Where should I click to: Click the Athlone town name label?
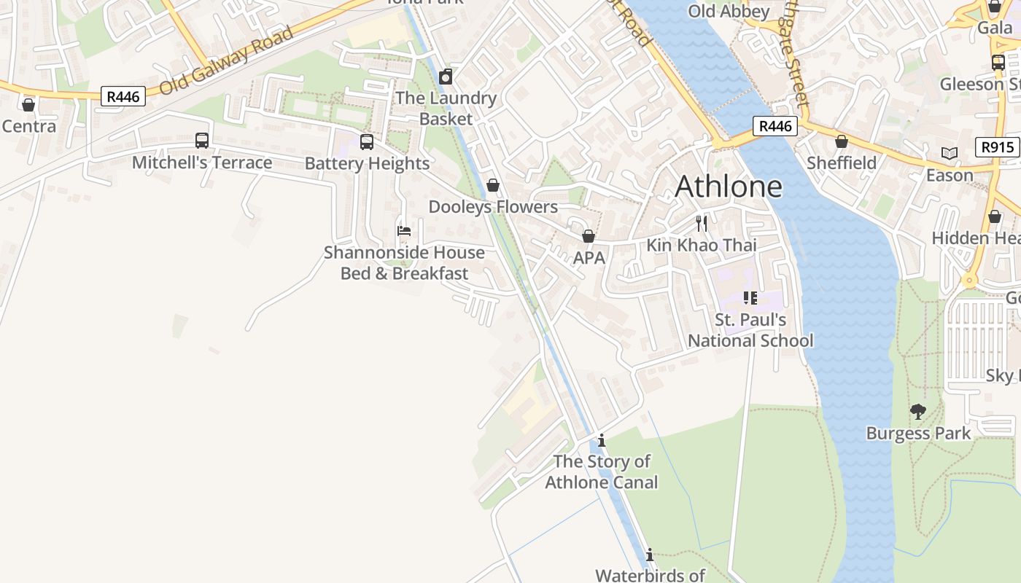coord(729,187)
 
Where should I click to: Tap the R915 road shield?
coord(997,147)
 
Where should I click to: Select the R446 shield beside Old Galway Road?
coord(123,96)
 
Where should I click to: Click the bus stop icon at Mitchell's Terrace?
coord(202,140)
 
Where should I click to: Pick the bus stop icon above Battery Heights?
coord(367,141)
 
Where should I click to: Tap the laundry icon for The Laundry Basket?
coord(446,77)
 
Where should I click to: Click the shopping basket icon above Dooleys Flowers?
coord(493,185)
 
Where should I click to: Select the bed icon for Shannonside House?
coord(404,231)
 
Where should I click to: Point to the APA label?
coord(589,258)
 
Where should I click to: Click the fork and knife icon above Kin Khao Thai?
coord(702,223)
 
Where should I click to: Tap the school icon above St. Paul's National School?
coord(750,297)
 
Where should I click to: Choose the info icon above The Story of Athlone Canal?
coord(602,440)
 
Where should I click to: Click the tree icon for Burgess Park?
coord(918,412)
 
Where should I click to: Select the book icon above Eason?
coord(949,153)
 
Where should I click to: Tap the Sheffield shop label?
coord(841,163)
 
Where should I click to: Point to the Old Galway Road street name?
coord(226,60)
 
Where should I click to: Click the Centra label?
coord(29,126)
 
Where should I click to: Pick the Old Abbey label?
coord(729,11)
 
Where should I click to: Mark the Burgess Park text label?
coord(918,433)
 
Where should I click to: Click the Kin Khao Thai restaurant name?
coord(702,245)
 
